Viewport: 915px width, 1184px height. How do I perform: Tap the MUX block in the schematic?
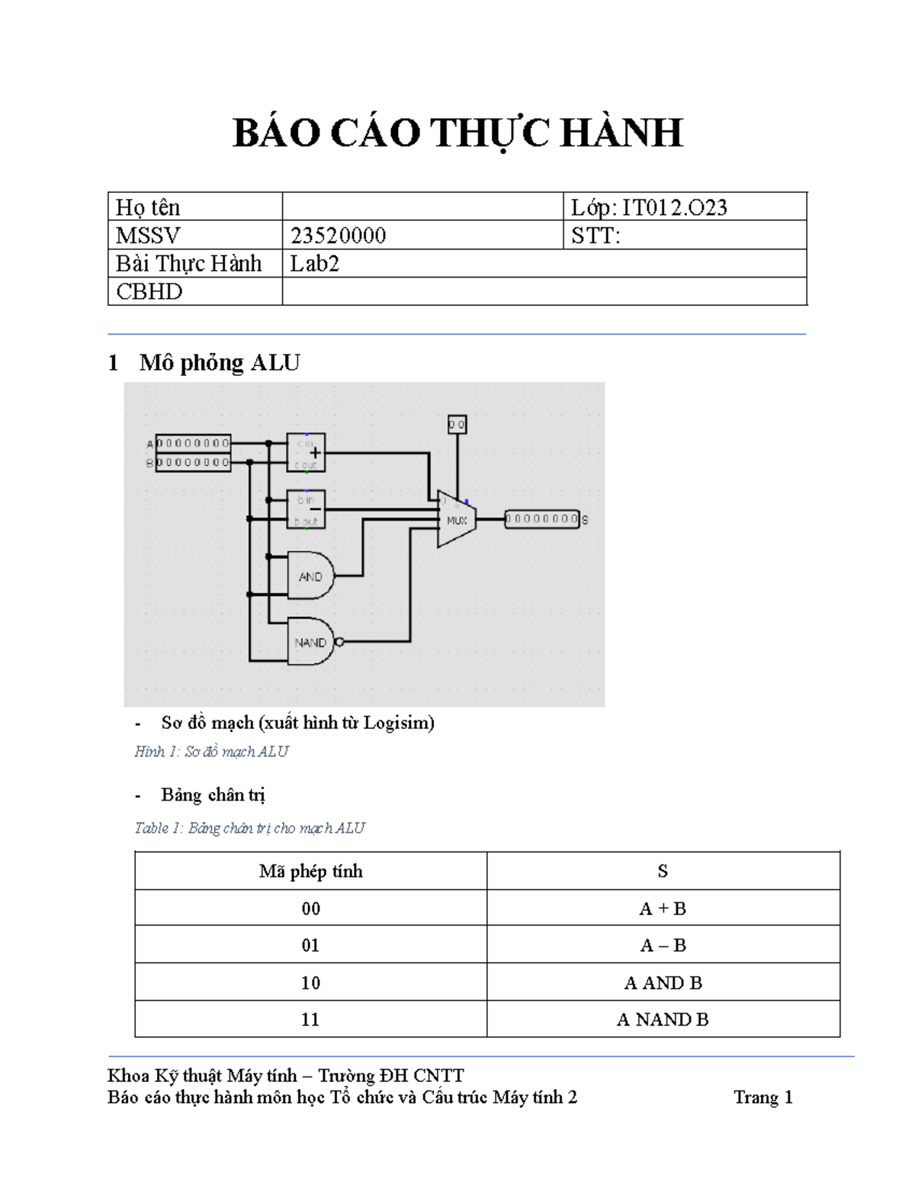(456, 520)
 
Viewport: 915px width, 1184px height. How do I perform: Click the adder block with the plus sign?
(306, 453)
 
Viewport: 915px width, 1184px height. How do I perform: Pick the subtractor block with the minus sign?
(306, 509)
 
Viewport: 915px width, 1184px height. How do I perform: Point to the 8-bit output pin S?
(542, 520)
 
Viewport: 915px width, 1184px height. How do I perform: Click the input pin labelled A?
(193, 443)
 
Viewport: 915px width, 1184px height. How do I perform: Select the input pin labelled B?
(193, 462)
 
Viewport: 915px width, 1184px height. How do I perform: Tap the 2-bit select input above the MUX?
(457, 424)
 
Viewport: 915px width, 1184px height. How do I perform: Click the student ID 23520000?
(338, 236)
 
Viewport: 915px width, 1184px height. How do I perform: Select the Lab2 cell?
(315, 264)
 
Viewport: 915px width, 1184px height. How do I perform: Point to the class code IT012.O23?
(674, 207)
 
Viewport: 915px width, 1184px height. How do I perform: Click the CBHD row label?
(149, 291)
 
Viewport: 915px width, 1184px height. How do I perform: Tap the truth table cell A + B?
(663, 908)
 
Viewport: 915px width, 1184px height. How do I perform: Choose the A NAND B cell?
(663, 1019)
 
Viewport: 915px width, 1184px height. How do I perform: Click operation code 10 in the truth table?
(310, 983)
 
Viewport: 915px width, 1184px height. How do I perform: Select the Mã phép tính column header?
(310, 871)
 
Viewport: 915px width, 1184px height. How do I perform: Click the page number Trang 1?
(762, 1097)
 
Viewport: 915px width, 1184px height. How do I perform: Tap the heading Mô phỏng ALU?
(220, 363)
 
